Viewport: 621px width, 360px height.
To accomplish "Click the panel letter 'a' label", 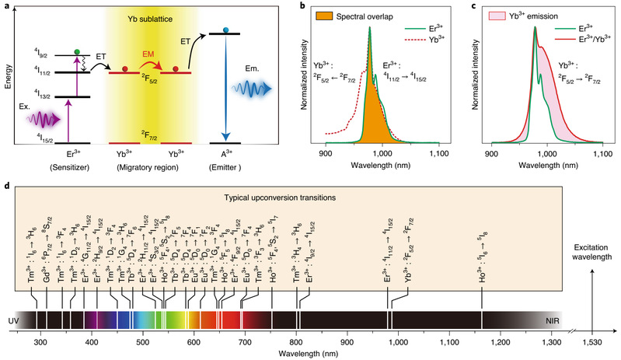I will [5, 6].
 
